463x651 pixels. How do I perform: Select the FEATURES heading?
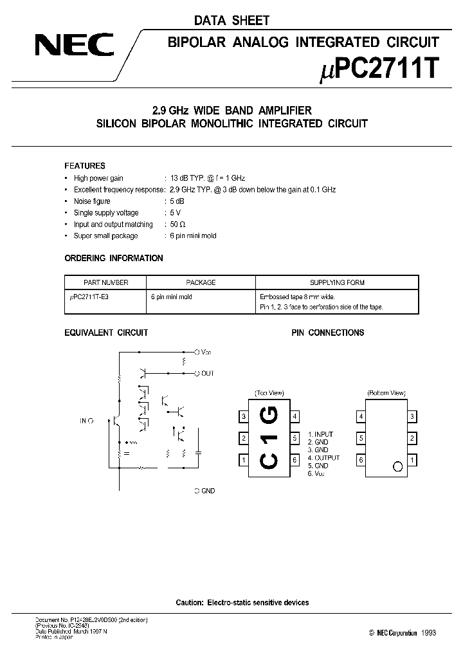85,165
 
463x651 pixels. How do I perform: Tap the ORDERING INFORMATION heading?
114,258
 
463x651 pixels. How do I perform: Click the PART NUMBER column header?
106,282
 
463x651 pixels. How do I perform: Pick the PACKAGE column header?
201,282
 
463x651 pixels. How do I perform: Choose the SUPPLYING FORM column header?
337,282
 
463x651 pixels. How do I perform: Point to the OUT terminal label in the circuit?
207,373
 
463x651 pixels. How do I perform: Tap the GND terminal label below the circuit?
207,491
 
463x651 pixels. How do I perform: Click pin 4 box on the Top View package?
295,416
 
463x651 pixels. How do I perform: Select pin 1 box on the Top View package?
244,460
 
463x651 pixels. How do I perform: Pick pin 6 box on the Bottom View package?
361,460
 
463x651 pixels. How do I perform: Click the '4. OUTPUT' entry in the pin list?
323,457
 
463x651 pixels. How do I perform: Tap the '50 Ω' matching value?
177,225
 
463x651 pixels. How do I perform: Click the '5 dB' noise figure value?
175,201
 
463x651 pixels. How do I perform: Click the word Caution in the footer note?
190,602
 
